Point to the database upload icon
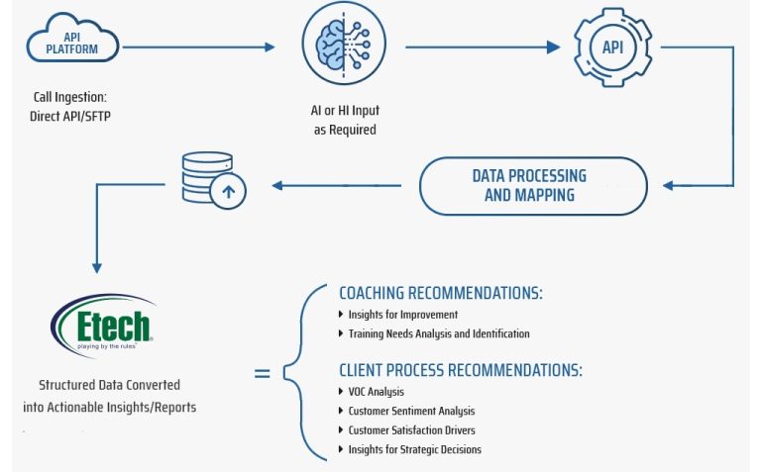tap(209, 178)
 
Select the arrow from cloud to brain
tap(198, 46)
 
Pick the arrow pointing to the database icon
tap(336, 185)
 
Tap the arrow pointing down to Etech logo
tap(96, 237)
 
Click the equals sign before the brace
tap(263, 373)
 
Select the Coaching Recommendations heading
tap(441, 294)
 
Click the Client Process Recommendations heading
tap(460, 371)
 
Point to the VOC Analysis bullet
tap(376, 392)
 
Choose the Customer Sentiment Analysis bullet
tap(411, 411)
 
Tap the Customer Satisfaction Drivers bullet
tap(411, 430)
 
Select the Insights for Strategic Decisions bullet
tap(414, 449)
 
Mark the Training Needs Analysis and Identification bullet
tap(438, 333)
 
